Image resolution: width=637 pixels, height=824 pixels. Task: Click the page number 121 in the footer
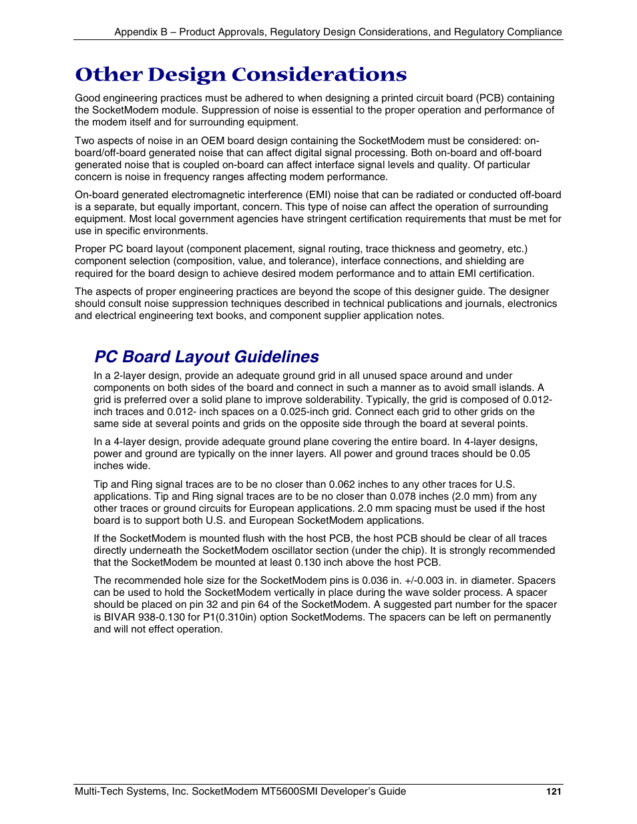tap(553, 791)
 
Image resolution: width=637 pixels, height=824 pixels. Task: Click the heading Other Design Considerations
tap(240, 74)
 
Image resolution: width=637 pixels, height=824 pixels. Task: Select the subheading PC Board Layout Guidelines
tap(206, 356)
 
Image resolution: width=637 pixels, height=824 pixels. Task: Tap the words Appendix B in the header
tap(140, 32)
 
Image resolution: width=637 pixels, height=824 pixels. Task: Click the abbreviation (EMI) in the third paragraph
tap(318, 195)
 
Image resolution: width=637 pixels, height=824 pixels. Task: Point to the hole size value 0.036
tap(375, 580)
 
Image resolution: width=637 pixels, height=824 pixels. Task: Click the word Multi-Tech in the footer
tap(98, 791)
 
